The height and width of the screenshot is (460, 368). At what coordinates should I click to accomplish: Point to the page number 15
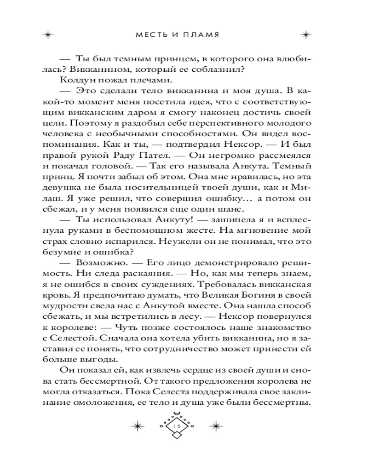(178, 427)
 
